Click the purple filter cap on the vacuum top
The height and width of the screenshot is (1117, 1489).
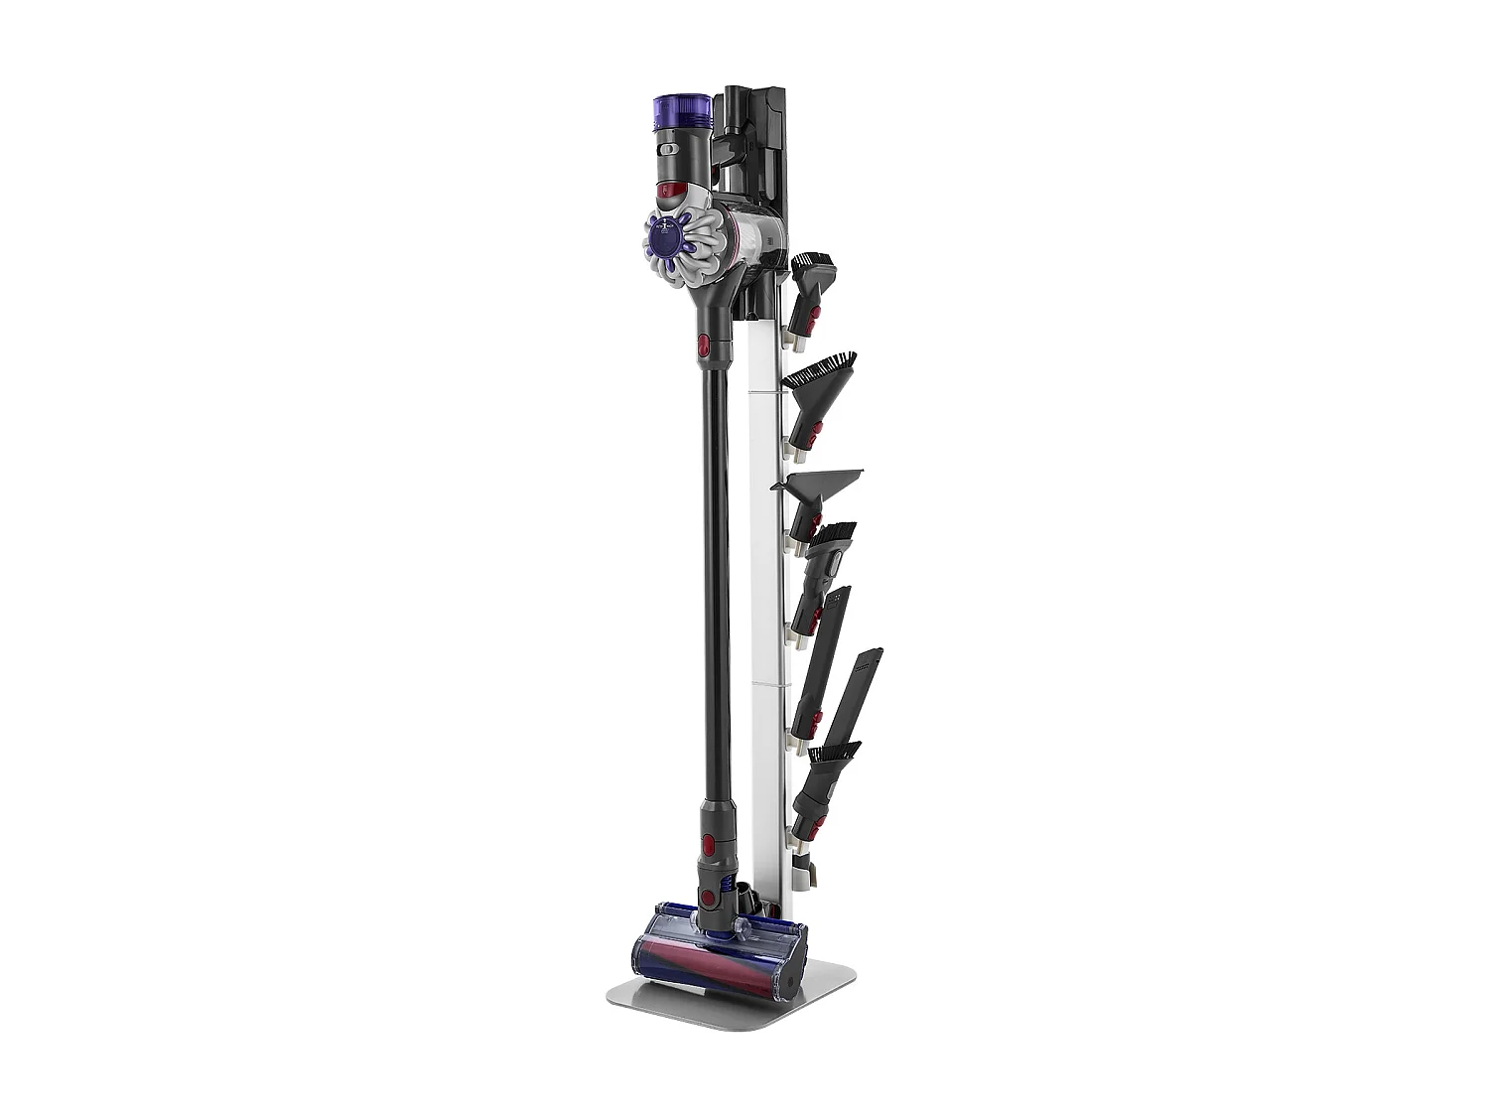click(x=682, y=108)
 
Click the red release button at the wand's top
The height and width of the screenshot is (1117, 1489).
click(x=704, y=345)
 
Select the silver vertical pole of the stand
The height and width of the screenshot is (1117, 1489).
click(x=766, y=596)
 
